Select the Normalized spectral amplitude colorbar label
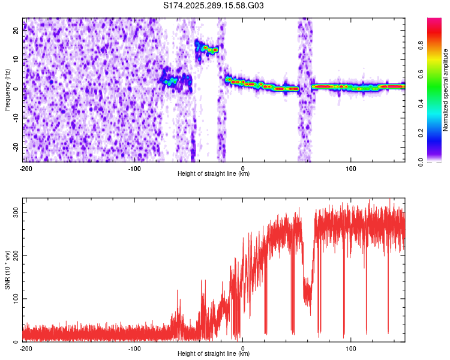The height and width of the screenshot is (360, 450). (x=446, y=90)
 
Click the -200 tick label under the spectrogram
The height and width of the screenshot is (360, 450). (x=26, y=168)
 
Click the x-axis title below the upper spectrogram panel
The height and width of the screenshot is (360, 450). (x=214, y=174)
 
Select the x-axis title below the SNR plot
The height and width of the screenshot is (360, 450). (x=214, y=354)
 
